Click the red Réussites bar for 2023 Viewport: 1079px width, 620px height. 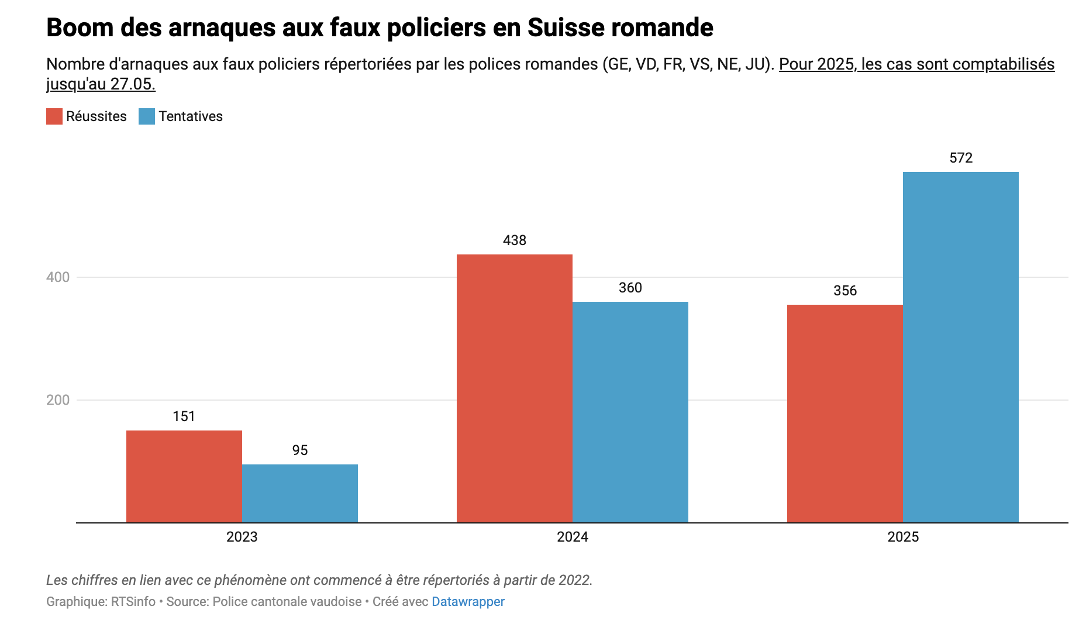tap(184, 476)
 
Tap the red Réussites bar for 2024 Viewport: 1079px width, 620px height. tap(515, 388)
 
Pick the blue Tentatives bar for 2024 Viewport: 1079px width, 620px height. tap(630, 412)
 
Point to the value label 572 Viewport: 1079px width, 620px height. tap(961, 158)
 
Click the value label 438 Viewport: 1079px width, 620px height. tap(515, 240)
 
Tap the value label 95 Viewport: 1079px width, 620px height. tap(300, 450)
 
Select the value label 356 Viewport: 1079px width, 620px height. tap(845, 291)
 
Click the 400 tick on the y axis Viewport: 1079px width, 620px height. tap(58, 277)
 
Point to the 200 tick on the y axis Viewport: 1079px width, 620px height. tap(58, 400)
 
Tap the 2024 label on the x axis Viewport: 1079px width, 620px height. tap(573, 537)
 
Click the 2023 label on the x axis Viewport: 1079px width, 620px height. tap(242, 537)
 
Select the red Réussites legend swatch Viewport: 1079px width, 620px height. tap(54, 116)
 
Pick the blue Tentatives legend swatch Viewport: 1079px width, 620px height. tap(147, 116)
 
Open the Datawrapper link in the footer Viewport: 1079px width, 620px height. tap(468, 601)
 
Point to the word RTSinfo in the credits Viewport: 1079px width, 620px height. tap(133, 601)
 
